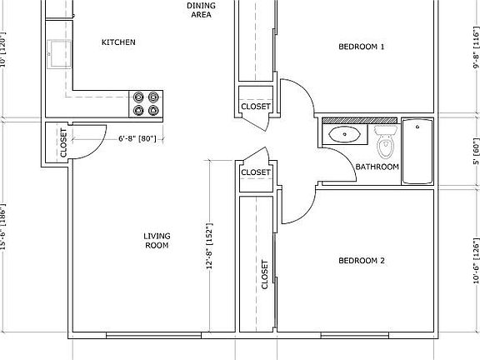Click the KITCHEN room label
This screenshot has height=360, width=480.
pyautogui.click(x=118, y=42)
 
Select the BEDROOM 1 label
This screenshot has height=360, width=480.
pyautogui.click(x=361, y=47)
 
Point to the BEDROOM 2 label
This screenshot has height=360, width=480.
pyautogui.click(x=361, y=261)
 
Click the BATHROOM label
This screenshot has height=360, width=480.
pyautogui.click(x=377, y=167)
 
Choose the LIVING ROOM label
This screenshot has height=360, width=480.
pyautogui.click(x=157, y=240)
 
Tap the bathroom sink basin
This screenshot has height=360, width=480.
pyautogui.click(x=343, y=133)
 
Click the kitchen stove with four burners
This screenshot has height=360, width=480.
pyautogui.click(x=147, y=102)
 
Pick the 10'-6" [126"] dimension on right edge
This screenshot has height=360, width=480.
pyautogui.click(x=476, y=262)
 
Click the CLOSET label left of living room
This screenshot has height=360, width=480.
pyautogui.click(x=62, y=144)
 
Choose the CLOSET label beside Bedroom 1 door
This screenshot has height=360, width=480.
pyautogui.click(x=255, y=107)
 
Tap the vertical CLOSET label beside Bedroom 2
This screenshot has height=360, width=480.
pyautogui.click(x=265, y=274)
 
